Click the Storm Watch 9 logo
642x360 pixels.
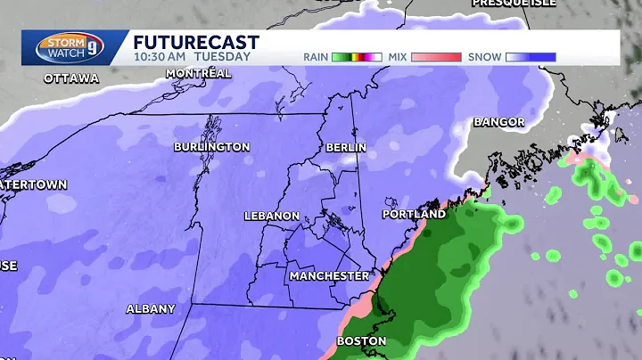click(62, 48)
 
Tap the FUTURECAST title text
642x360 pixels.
click(196, 42)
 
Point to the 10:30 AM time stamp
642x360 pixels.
click(158, 56)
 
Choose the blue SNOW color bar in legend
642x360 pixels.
click(529, 56)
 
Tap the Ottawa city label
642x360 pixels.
click(71, 78)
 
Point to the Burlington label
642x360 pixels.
click(211, 146)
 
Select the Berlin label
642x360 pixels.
click(346, 146)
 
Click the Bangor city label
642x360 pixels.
click(498, 121)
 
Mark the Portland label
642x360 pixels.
click(414, 215)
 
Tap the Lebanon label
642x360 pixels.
click(272, 217)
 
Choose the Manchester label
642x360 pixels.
click(328, 276)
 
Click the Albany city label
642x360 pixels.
click(150, 308)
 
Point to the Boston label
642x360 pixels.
click(361, 340)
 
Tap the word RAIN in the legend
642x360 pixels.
click(316, 56)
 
